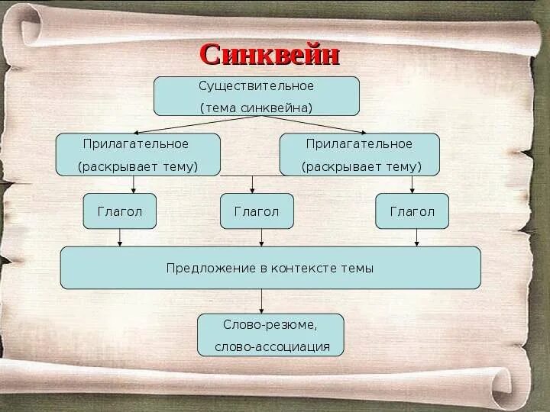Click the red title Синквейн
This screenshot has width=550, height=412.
click(x=269, y=55)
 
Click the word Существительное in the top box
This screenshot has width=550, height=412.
click(x=257, y=86)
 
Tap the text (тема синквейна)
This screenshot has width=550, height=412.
click(x=257, y=108)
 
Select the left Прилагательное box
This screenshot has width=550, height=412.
click(x=137, y=154)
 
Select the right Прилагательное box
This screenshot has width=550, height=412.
click(x=359, y=154)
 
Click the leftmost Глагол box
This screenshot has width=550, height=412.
click(x=120, y=211)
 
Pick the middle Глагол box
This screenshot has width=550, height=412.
click(x=257, y=211)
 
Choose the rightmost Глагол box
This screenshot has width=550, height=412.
click(x=412, y=211)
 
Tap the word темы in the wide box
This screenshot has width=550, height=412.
click(x=357, y=269)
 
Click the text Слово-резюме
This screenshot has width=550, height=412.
click(x=270, y=325)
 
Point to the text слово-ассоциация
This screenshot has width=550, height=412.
click(x=272, y=346)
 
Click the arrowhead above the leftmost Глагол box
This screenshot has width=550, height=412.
click(x=134, y=188)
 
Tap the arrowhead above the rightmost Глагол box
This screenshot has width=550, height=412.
click(x=412, y=188)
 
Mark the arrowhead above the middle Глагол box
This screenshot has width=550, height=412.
click(x=254, y=188)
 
